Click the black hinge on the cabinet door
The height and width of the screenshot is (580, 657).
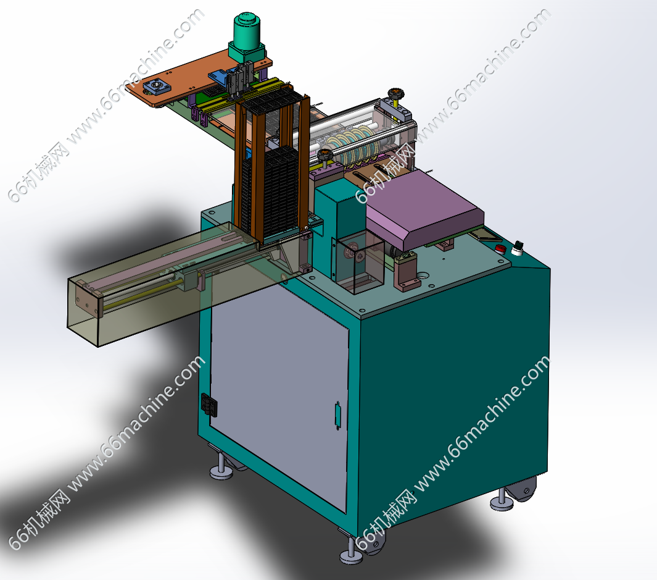[x=209, y=405]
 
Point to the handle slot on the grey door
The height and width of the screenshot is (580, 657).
[x=337, y=415]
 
